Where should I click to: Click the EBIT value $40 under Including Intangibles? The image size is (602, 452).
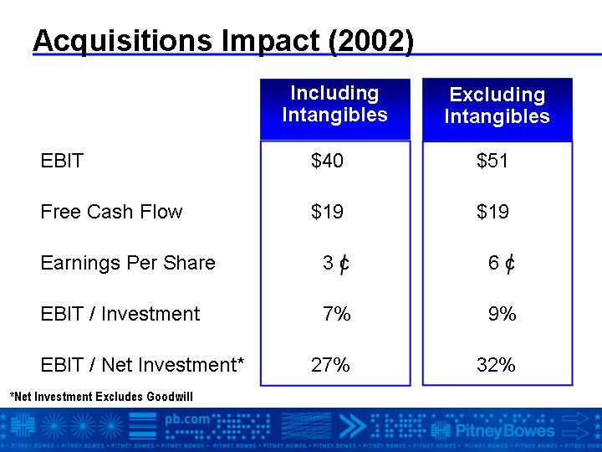coord(327,160)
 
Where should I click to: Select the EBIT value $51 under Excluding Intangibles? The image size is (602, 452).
coord(492,160)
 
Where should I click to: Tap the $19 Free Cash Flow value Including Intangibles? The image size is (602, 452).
coord(327,212)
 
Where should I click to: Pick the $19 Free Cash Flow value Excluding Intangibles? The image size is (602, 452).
coord(492,212)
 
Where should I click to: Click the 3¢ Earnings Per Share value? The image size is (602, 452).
coord(336,264)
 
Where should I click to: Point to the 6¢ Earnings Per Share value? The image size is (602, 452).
coord(502,264)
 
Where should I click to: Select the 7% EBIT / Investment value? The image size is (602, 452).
coord(337,314)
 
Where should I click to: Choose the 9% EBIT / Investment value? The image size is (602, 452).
coord(503,314)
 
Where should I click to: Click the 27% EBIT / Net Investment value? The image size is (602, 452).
coord(330,365)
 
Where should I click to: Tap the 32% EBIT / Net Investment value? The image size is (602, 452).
coord(496,365)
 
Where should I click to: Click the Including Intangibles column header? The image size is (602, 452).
coord(335,104)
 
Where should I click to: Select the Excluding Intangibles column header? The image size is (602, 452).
coord(497,105)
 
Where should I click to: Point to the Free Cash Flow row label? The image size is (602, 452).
coord(111,212)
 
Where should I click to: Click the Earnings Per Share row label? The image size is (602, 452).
coord(128,263)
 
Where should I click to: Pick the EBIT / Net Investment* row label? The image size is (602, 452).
coord(142,364)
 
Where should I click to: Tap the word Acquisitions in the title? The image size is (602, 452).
coord(123,41)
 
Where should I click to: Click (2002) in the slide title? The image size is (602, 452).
coord(371,41)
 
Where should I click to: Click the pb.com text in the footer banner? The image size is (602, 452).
coord(187,420)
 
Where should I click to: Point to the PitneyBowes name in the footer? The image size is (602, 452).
coord(505,430)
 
